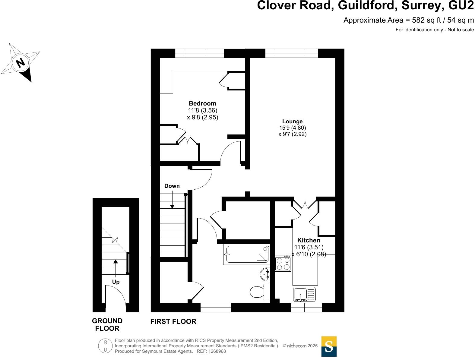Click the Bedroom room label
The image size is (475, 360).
point(202,103)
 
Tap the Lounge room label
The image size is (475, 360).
point(292,122)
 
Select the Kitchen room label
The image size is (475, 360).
point(309,240)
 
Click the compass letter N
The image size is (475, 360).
point(21,63)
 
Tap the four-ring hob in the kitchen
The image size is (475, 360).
point(283,263)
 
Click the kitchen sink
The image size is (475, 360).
point(304,294)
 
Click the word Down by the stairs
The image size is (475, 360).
point(172,186)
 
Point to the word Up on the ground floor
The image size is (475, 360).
point(116,282)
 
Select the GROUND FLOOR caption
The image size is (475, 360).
point(107,325)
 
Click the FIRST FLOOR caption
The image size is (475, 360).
point(173,322)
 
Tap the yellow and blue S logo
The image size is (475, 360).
point(329,346)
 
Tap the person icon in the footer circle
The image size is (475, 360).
point(105,346)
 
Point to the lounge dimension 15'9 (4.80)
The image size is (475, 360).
point(292,128)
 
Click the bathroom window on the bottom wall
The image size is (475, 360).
point(216,308)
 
